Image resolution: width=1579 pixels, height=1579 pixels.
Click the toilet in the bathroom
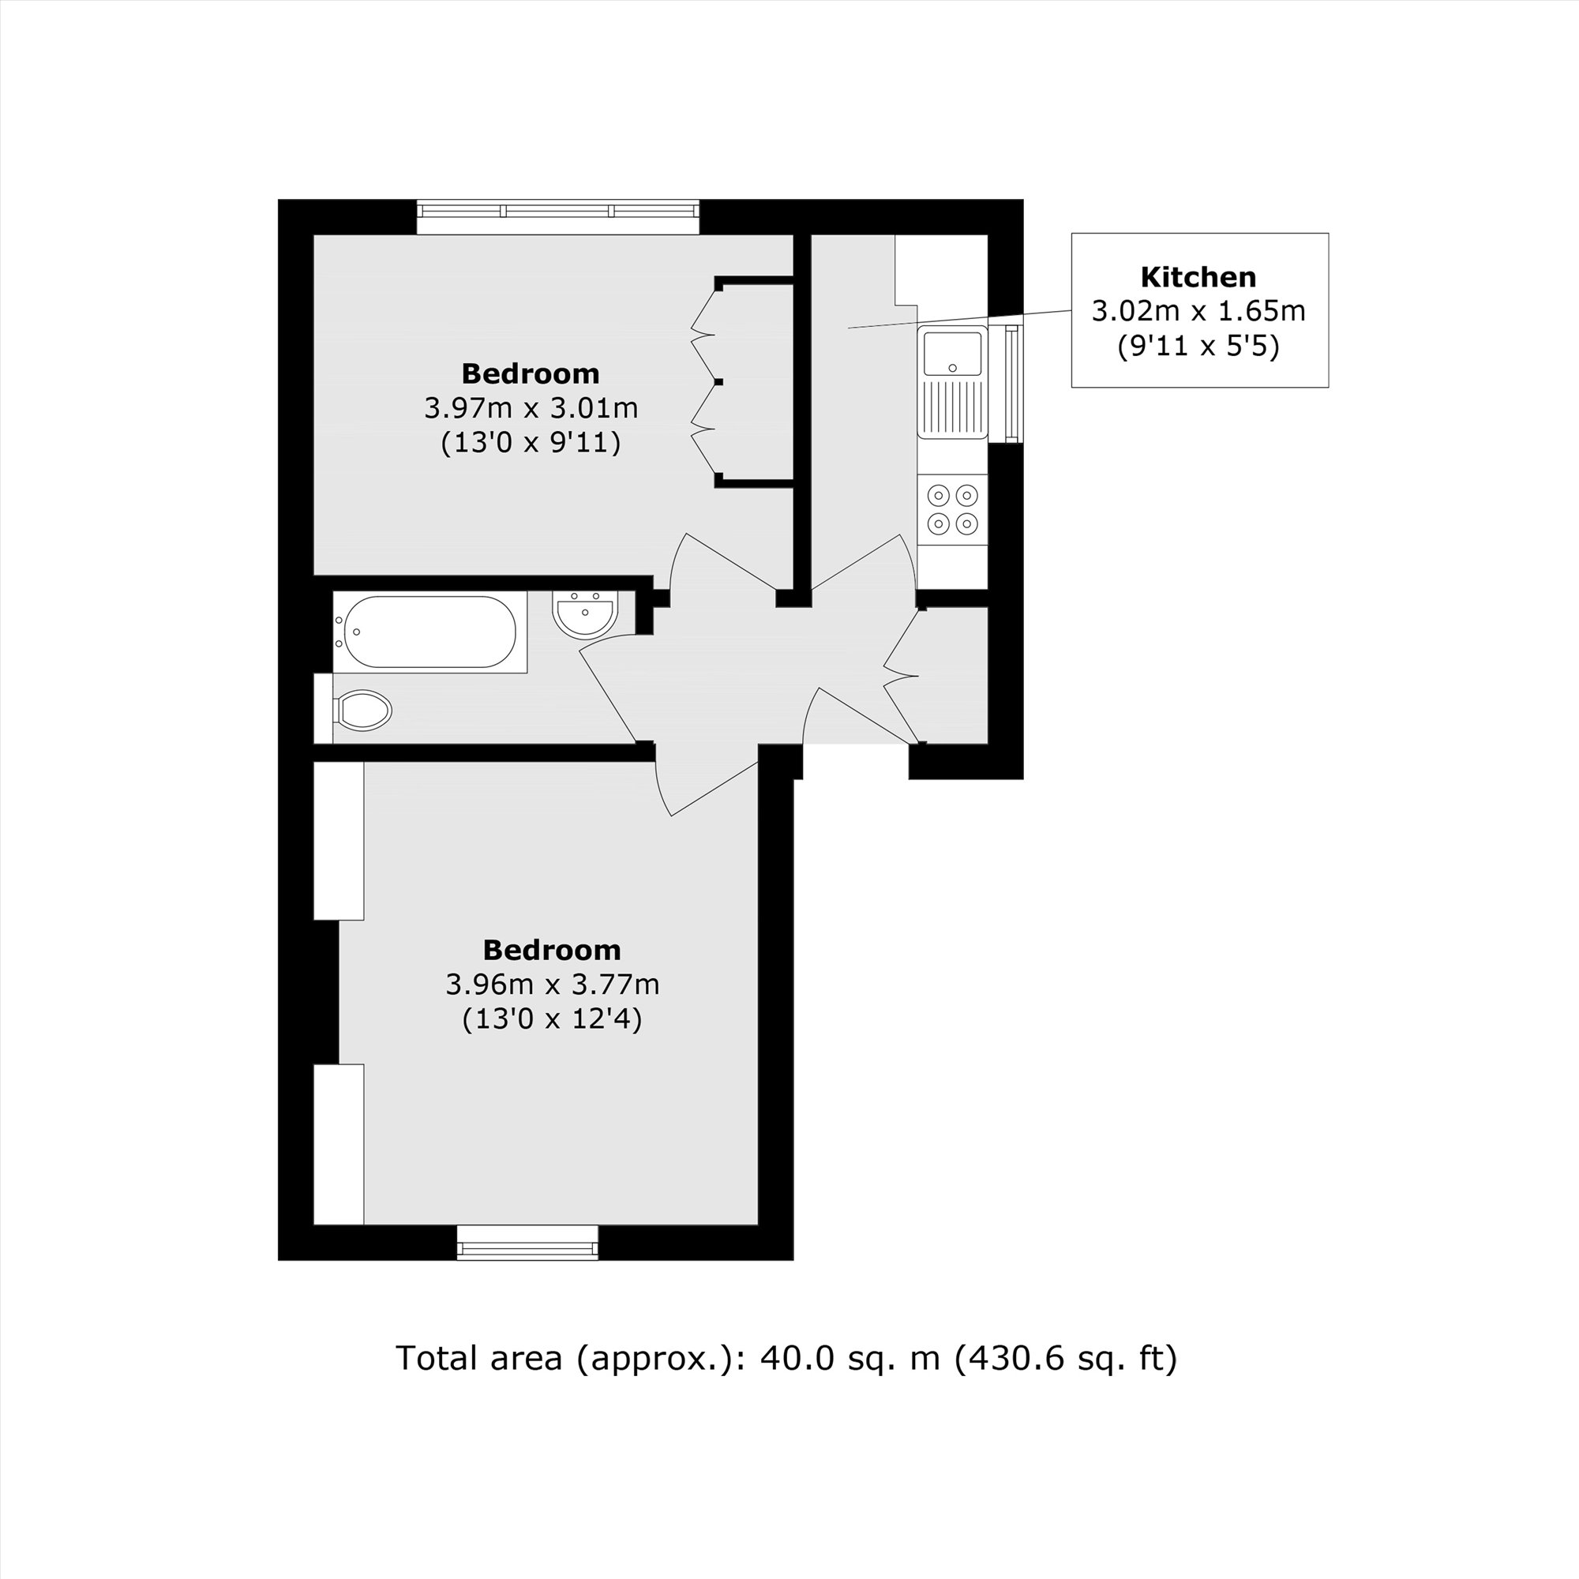click(x=363, y=710)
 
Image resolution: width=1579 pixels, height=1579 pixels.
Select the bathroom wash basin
click(x=584, y=614)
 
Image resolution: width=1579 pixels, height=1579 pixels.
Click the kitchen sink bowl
click(x=952, y=352)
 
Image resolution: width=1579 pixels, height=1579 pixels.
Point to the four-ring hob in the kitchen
click(x=953, y=509)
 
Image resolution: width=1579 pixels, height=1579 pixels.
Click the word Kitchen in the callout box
click(x=1198, y=277)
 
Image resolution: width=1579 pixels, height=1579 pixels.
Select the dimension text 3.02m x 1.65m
click(x=1198, y=311)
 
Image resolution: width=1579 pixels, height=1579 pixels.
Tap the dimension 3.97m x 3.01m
click(x=531, y=408)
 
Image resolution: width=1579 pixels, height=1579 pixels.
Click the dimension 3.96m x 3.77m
click(x=552, y=984)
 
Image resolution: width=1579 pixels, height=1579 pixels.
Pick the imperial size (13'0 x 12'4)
click(x=552, y=1019)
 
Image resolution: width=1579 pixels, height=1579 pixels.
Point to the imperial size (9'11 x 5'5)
click(x=1198, y=347)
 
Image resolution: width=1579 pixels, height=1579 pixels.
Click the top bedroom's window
click(x=558, y=211)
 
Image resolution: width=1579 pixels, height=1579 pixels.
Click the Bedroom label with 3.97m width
click(x=531, y=373)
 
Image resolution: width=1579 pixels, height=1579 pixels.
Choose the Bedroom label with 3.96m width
click(x=552, y=950)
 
